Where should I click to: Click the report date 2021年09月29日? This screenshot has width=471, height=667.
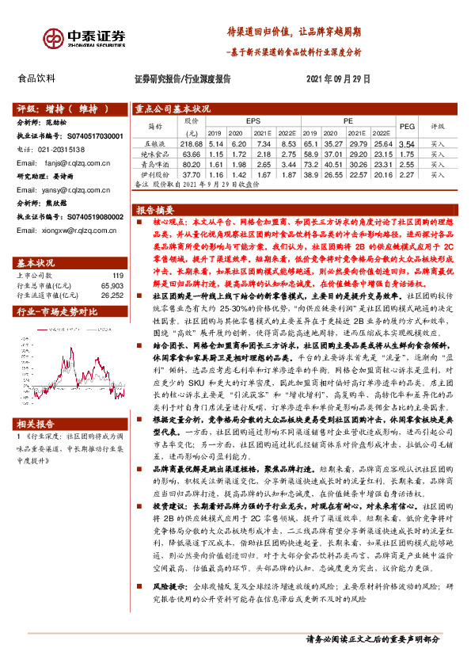338,79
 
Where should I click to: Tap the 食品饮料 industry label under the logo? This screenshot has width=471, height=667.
36,78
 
